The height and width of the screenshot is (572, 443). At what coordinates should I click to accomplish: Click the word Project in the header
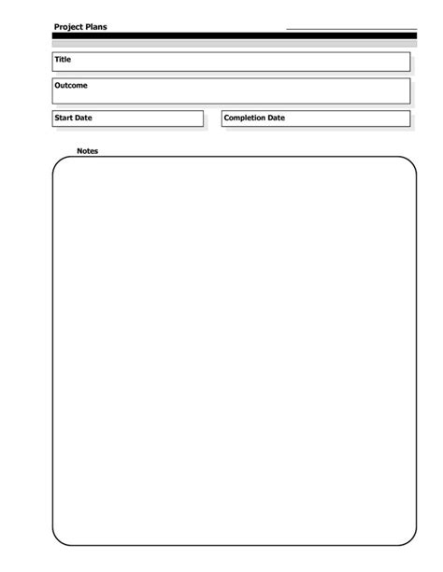point(68,27)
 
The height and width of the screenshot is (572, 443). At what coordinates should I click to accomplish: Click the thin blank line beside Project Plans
point(350,29)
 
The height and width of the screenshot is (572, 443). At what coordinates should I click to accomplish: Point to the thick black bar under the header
point(234,35)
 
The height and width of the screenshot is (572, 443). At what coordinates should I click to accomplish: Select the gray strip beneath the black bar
point(234,43)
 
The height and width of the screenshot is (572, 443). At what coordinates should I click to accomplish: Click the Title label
point(63,60)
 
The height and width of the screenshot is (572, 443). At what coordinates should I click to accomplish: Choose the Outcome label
point(71,86)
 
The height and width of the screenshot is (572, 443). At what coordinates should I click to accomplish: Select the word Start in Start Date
point(64,119)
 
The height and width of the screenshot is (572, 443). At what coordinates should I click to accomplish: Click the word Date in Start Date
point(84,119)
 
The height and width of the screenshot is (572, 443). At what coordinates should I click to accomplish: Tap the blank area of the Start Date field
point(150,119)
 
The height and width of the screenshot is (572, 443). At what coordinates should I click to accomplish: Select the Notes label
point(87,151)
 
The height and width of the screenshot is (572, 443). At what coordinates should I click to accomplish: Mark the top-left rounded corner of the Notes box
point(58,162)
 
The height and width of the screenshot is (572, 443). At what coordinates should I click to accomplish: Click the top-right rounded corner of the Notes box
point(411,162)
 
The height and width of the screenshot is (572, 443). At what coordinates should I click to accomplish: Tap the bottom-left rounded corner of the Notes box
point(58,538)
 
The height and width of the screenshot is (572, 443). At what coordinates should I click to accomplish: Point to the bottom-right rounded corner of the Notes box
point(411,538)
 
